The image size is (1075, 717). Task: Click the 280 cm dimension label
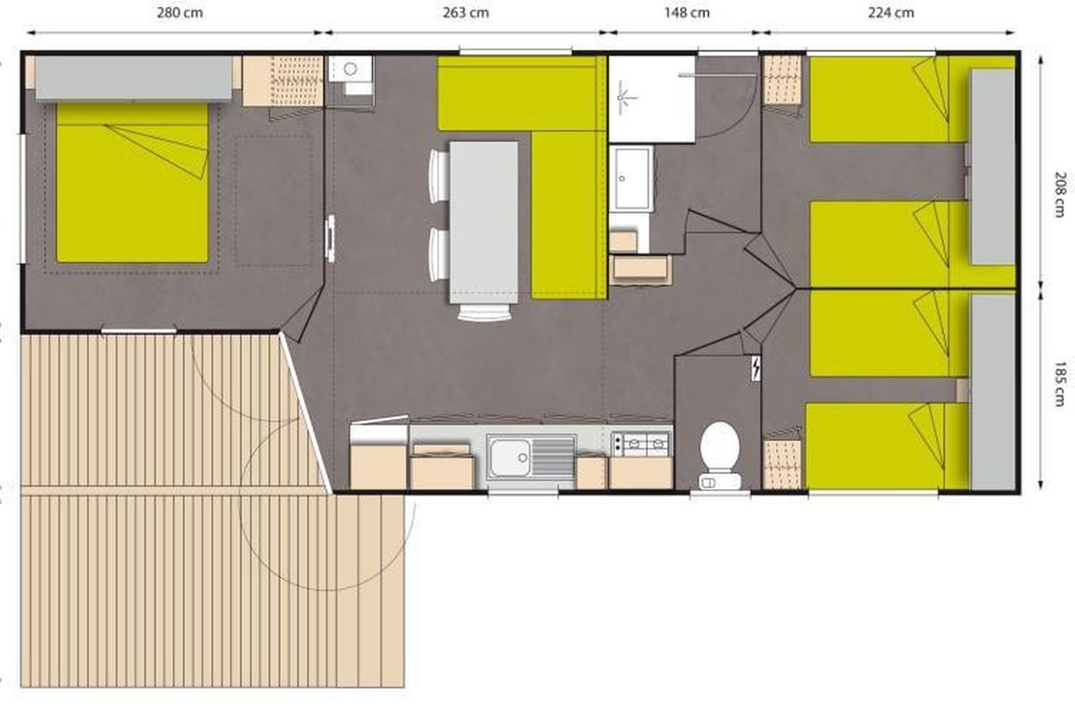tap(180, 13)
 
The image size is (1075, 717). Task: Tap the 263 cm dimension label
tap(466, 13)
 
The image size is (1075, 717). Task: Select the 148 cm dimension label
tap(687, 13)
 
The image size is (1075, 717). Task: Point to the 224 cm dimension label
tap(890, 13)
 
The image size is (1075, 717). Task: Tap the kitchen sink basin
tap(510, 457)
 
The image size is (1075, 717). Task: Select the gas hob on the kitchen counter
tap(641, 445)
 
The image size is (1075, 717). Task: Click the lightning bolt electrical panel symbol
tap(755, 369)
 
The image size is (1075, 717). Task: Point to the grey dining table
tap(484, 222)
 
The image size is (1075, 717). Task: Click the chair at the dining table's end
tap(484, 312)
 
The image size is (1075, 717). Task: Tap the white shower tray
tap(652, 99)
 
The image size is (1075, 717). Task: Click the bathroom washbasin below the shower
tap(631, 178)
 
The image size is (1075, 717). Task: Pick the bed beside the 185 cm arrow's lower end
tap(887, 446)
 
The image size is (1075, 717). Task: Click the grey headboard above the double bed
tap(133, 79)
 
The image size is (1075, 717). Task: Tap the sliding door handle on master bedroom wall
tap(331, 238)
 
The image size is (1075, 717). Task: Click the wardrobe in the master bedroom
tap(282, 81)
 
